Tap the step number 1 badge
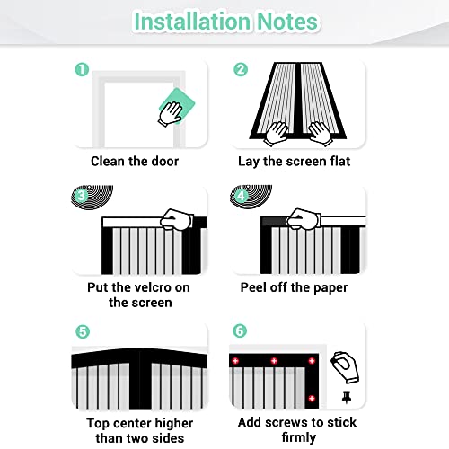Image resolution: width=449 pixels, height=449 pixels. (x=82, y=70)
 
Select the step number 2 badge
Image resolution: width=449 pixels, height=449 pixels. (x=241, y=70)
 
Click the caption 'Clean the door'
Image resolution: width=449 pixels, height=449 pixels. (x=135, y=162)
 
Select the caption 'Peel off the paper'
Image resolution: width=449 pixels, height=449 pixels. (x=293, y=288)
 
